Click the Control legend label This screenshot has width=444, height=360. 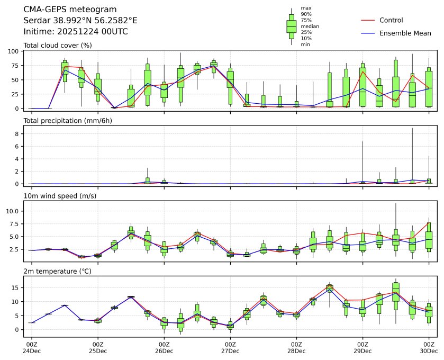pos(391,20)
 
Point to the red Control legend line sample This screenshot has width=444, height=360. pos(368,20)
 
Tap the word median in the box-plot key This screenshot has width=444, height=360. pos(310,26)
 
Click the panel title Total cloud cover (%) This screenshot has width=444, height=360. pos(58,45)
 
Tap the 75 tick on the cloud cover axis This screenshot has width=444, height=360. pos(17,66)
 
